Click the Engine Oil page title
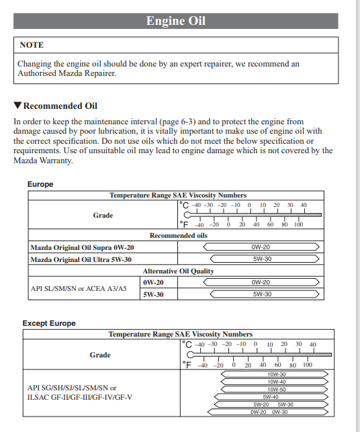pos(176,21)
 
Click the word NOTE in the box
pos(32,45)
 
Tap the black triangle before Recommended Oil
pos(17,105)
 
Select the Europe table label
pos(40,184)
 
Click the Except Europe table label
pos(49,323)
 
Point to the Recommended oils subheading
pos(179,235)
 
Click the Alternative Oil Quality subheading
pos(179,271)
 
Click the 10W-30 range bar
pos(275,374)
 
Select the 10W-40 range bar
pos(275,382)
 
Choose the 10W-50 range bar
pos(275,389)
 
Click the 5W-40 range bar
pos(271,397)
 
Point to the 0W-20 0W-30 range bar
pos(268,412)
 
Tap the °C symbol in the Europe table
pos(184,206)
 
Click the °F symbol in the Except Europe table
pos(187,365)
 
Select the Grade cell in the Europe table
pos(103,215)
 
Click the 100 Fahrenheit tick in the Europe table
pos(298,224)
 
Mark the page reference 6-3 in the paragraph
pos(186,122)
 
